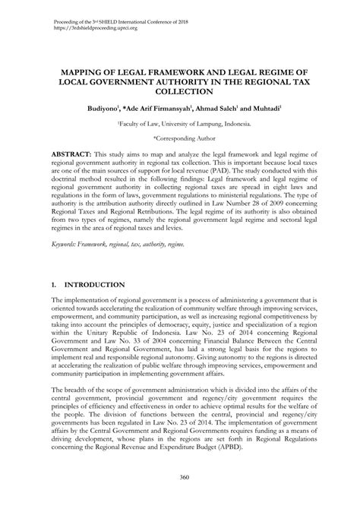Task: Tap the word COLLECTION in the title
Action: click(x=180, y=90)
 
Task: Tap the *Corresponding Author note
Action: click(x=180, y=139)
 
